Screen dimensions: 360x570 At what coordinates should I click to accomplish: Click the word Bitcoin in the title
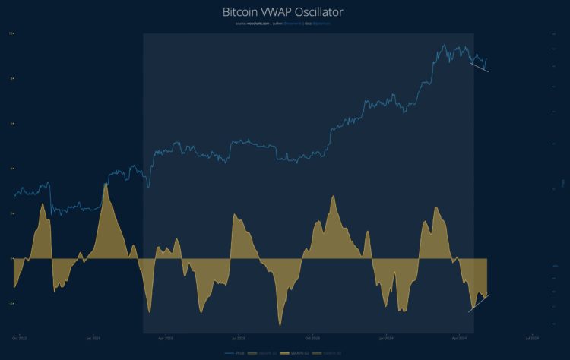click(241, 13)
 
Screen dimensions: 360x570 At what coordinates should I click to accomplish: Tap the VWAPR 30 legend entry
click(261, 353)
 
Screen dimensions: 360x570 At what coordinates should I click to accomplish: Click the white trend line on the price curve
click(479, 67)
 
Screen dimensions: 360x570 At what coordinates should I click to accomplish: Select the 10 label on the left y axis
click(11, 33)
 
